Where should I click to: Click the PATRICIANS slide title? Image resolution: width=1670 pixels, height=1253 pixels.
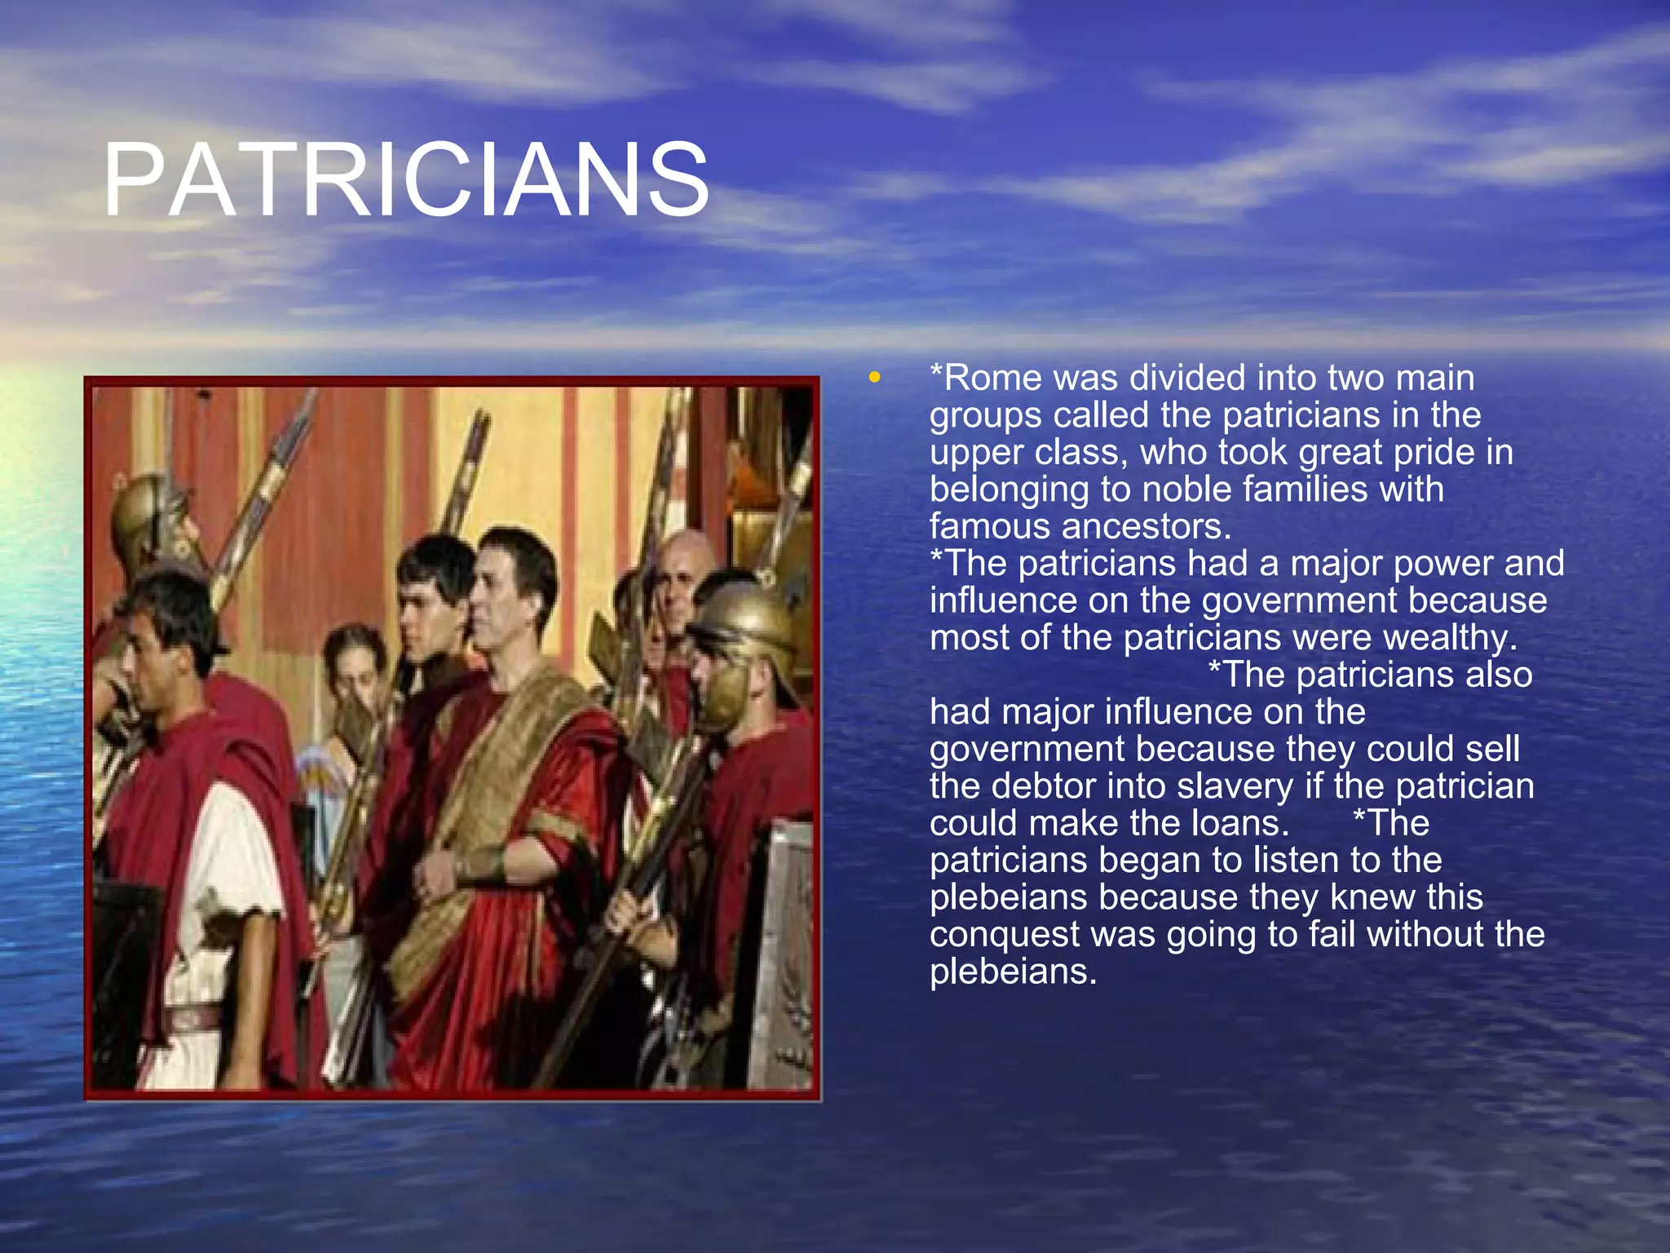(x=405, y=180)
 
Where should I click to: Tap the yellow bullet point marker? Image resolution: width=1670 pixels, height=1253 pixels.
(x=875, y=378)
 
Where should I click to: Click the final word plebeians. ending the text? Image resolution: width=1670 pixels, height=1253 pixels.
(x=1013, y=972)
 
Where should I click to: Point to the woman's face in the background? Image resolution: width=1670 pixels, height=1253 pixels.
(x=356, y=669)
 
